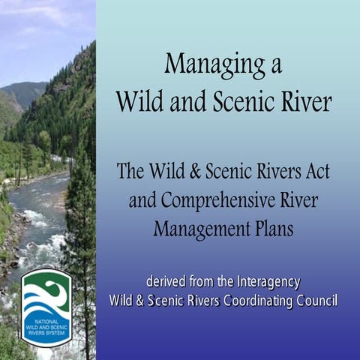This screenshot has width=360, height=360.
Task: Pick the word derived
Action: point(165,283)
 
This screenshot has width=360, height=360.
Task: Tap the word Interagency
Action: point(265,283)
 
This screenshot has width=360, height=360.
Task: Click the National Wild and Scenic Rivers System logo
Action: point(46,307)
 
